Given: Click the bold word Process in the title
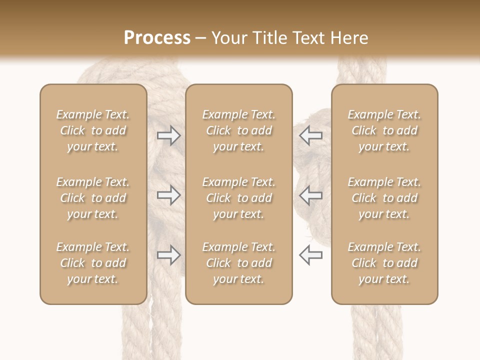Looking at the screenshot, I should pyautogui.click(x=157, y=37).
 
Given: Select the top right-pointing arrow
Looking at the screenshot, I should pyautogui.click(x=168, y=135).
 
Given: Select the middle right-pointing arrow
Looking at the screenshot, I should pyautogui.click(x=168, y=195).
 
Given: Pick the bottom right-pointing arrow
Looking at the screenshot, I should pyautogui.click(x=168, y=255).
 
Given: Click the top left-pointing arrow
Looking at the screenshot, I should pyautogui.click(x=310, y=135).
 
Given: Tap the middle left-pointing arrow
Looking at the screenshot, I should pyautogui.click(x=310, y=195).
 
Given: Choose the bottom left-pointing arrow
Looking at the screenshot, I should pyautogui.click(x=310, y=255).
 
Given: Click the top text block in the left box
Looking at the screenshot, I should pyautogui.click(x=93, y=130).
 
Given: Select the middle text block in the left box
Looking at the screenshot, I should pyautogui.click(x=93, y=198).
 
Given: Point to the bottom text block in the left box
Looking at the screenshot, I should pyautogui.click(x=93, y=263).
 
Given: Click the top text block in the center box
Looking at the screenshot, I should pyautogui.click(x=238, y=130).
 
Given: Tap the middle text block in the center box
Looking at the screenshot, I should pyautogui.click(x=238, y=198).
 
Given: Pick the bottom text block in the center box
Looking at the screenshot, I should pyautogui.click(x=238, y=263).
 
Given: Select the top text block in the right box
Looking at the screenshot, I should pyautogui.click(x=384, y=130).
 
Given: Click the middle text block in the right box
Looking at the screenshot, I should pyautogui.click(x=384, y=198).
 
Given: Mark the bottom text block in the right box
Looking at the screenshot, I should pyautogui.click(x=384, y=263).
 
